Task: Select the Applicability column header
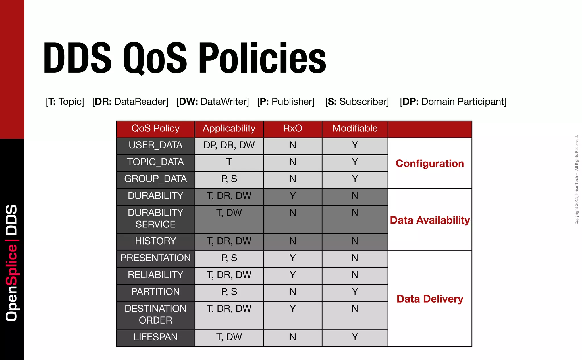229,129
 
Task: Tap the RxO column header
293,129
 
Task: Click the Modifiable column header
355,129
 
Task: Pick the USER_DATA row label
155,145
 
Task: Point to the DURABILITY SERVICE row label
155,219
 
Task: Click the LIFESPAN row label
155,337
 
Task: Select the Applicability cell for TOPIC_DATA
229,162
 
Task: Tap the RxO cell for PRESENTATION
293,258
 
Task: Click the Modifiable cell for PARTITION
355,292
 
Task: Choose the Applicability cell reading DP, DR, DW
229,145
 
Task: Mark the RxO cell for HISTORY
293,241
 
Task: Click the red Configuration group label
430,164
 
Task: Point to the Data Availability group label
430,220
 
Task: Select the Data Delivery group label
430,299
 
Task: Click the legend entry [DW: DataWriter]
213,102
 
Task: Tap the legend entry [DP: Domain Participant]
453,102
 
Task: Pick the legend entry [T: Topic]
65,102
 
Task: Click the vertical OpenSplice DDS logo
12,263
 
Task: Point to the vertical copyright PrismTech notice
577,180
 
